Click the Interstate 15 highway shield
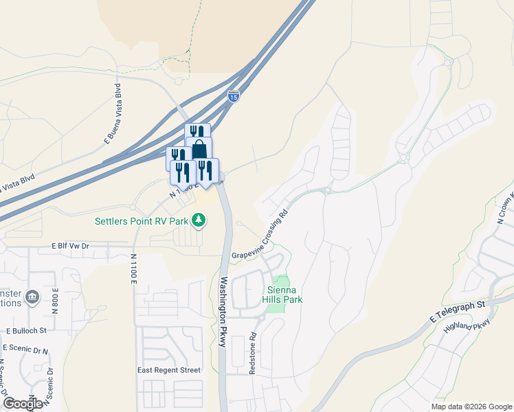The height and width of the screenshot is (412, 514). [x=234, y=96]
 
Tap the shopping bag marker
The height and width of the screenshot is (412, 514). [x=199, y=149]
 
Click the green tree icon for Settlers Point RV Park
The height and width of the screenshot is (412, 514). [x=199, y=220]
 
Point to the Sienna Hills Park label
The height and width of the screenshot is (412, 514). [x=284, y=295]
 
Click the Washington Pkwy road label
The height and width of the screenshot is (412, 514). [x=223, y=312]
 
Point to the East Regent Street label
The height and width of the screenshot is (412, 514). [x=169, y=370]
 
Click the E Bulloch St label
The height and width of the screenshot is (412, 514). [x=26, y=330]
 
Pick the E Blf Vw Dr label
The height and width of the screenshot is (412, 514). [x=71, y=245]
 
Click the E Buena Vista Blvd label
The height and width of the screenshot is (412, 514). [x=112, y=113]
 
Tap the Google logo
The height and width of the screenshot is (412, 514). [x=23, y=404]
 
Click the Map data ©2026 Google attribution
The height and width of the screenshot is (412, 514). [x=471, y=407]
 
